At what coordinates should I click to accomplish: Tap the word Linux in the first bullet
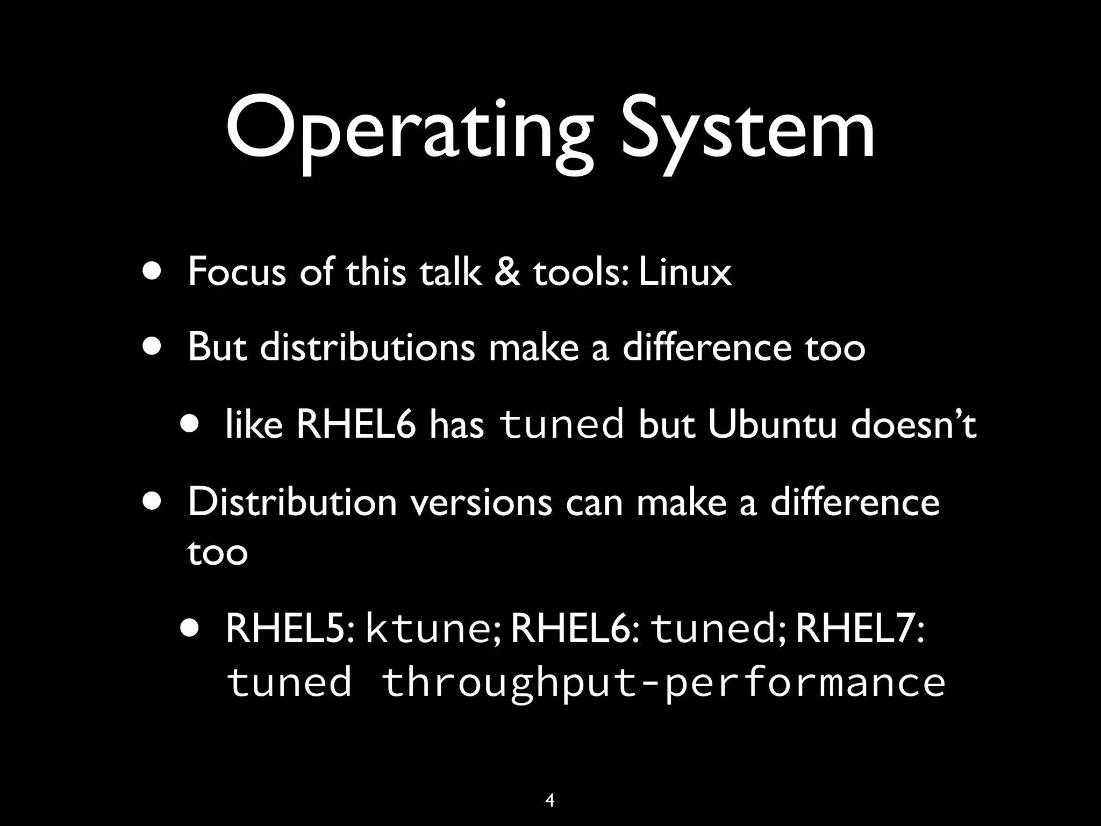pos(685,272)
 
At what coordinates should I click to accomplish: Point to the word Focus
pos(237,272)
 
